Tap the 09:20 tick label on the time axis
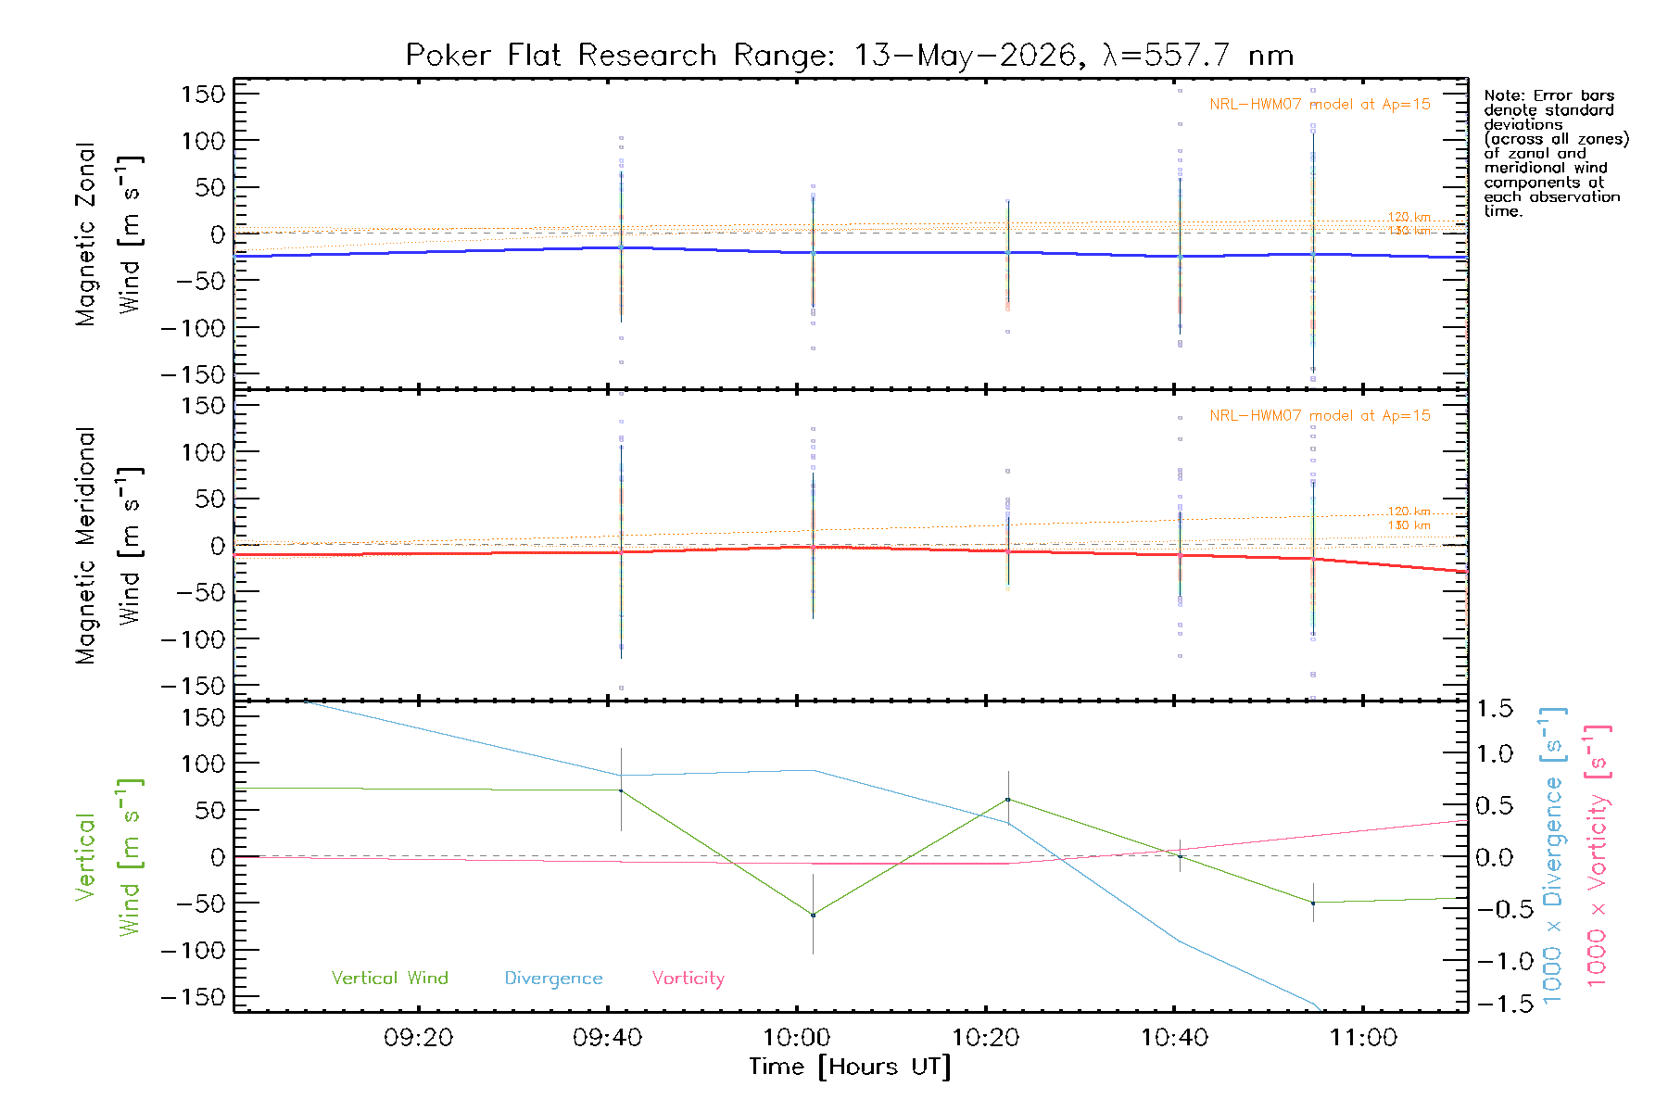(419, 1038)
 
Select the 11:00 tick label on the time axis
(1363, 1038)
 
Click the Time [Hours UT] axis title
(850, 1068)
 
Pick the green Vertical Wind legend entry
(390, 978)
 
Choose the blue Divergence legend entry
(553, 979)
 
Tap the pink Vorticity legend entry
(689, 979)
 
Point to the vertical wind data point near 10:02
(813, 916)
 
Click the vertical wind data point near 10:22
(1008, 800)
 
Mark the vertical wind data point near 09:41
(621, 790)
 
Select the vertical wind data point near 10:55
(1313, 903)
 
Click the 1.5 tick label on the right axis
(1495, 709)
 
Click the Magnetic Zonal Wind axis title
(108, 234)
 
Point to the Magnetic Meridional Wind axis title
(108, 546)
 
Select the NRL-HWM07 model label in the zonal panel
(1320, 105)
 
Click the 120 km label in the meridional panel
(1409, 512)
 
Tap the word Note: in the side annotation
(1504, 95)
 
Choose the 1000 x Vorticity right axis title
(1598, 857)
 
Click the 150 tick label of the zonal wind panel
(203, 94)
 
